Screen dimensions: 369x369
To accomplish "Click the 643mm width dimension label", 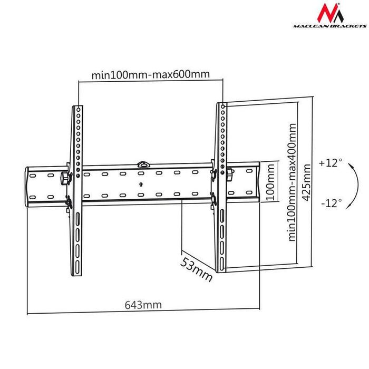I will pos(143,305).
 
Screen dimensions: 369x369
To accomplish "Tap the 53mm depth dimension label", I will pos(196,268).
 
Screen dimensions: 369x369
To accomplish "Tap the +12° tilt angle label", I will pos(331,163).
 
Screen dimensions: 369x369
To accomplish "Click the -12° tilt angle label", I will pos(331,201).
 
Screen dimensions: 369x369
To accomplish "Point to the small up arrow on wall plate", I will pos(141,184).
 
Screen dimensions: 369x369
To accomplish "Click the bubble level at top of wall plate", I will pos(142,164).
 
